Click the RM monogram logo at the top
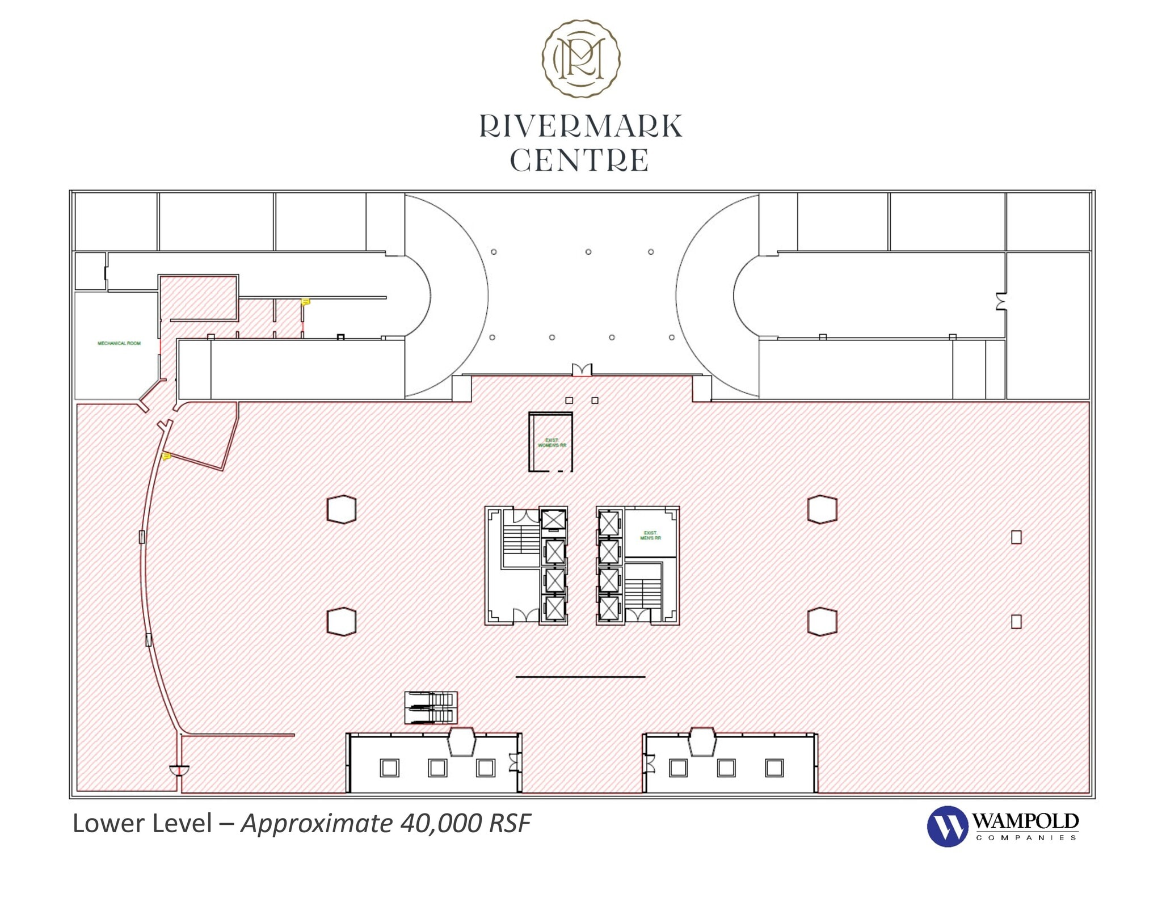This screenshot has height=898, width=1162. click(580, 58)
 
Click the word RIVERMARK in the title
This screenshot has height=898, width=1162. click(580, 126)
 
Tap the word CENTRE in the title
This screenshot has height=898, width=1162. click(579, 161)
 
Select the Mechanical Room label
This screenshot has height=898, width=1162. click(119, 343)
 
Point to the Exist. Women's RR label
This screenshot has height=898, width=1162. click(551, 442)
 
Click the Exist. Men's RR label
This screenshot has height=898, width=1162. click(650, 535)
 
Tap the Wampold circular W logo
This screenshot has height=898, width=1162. click(947, 826)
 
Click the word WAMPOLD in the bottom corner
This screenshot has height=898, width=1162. click(1025, 821)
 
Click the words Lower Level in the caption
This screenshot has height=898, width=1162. click(142, 823)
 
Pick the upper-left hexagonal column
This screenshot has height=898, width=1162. click(342, 509)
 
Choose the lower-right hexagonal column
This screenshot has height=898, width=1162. click(822, 621)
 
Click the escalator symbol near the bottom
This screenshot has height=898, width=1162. click(431, 707)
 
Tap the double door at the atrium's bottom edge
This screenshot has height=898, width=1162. click(581, 370)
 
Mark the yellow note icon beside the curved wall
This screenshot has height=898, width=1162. click(167, 456)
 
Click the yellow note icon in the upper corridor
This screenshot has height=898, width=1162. click(306, 302)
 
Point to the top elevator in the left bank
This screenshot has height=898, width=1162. click(553, 520)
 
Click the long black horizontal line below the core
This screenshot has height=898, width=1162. click(580, 676)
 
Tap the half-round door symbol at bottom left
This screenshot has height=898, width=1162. click(179, 770)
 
